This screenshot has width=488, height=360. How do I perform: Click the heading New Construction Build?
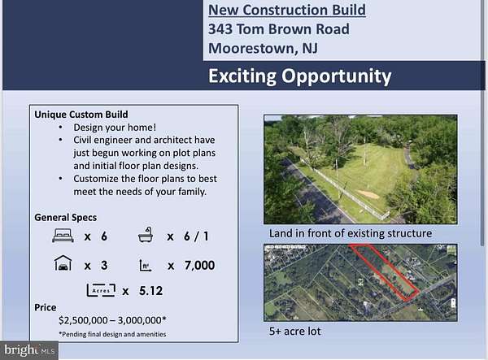click(286, 11)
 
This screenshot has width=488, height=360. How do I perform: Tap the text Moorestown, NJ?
click(262, 48)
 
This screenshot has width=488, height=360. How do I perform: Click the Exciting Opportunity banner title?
click(299, 77)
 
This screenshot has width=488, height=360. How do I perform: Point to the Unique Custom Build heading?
click(81, 115)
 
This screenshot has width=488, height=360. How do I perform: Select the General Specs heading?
click(65, 218)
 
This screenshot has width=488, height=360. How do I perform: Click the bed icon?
click(63, 236)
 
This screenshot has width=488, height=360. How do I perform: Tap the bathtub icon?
click(150, 236)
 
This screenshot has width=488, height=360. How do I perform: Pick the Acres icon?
click(98, 289)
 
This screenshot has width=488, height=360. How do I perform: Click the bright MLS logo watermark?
click(28, 350)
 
